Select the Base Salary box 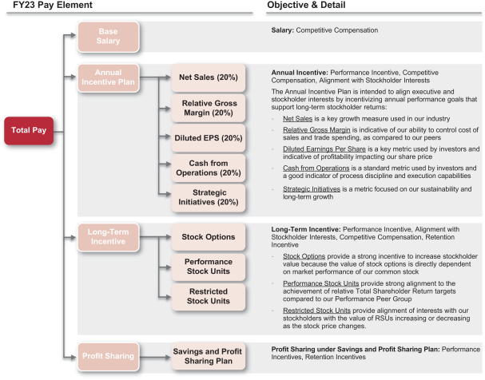[108, 37]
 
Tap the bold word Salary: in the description [283, 30]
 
